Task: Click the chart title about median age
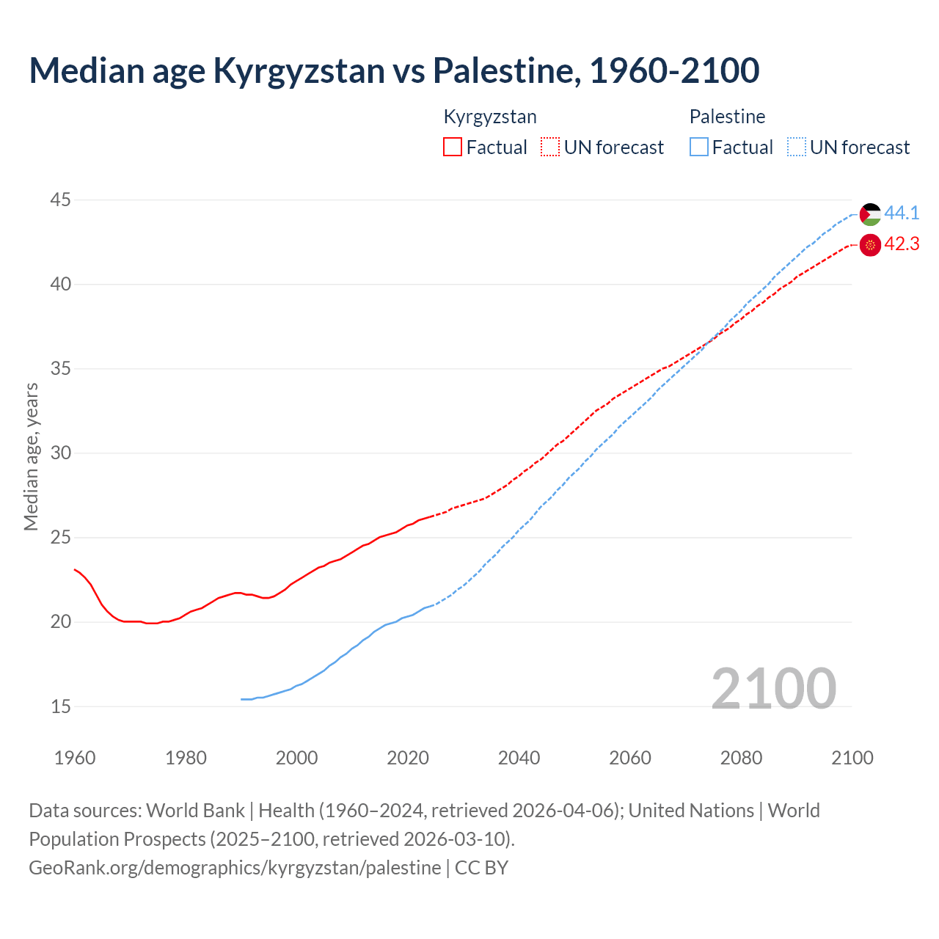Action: [394, 70]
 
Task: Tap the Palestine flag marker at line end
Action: [870, 214]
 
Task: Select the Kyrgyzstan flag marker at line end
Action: [870, 245]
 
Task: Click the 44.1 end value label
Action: [902, 213]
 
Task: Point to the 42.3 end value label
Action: [902, 244]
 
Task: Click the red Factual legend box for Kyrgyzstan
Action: [453, 147]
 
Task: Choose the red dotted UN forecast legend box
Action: [550, 147]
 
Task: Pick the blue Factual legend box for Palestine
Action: [699, 147]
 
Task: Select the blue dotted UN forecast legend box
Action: [797, 147]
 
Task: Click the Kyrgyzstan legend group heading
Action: [490, 117]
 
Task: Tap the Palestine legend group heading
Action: [727, 117]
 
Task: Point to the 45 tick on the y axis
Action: [61, 200]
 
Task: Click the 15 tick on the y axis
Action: [61, 706]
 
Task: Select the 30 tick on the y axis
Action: [61, 453]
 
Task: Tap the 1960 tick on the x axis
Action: [75, 758]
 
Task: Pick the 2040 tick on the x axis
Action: [519, 758]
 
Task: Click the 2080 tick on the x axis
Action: [741, 758]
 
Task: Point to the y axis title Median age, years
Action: [31, 456]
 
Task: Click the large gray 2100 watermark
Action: [774, 688]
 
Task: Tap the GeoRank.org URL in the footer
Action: [235, 868]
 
